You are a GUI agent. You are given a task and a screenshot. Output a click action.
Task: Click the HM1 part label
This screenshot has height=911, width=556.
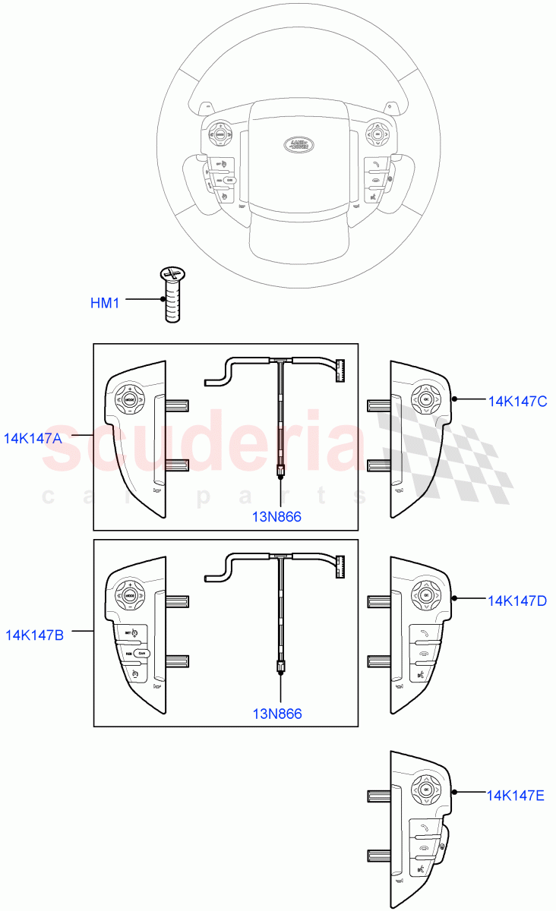point(106,304)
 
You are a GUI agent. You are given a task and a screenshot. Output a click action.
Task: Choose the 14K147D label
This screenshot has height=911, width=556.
point(517,601)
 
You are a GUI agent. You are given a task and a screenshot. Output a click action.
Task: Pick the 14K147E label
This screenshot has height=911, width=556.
point(517,796)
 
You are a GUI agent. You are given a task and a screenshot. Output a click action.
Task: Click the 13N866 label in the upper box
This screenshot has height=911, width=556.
point(277,517)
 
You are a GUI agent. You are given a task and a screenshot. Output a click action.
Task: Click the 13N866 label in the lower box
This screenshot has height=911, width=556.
point(277,714)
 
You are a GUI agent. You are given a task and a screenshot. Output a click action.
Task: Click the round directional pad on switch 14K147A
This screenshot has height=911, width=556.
point(130,400)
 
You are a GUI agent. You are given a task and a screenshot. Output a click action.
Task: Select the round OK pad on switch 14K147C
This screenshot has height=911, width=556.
point(425,399)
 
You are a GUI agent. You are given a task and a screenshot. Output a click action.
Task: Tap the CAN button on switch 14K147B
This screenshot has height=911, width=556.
point(142,653)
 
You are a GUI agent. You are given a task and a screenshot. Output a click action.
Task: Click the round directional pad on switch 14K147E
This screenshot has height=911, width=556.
point(425,790)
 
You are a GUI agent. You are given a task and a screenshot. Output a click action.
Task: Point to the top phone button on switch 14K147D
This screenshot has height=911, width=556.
point(422,633)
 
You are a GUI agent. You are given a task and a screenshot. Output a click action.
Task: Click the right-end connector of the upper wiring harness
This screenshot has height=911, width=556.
point(340,370)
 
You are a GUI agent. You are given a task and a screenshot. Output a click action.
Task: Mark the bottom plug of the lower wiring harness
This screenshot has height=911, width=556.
point(280,667)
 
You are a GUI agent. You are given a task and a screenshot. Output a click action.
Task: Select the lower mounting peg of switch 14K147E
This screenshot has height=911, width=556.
point(379,855)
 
